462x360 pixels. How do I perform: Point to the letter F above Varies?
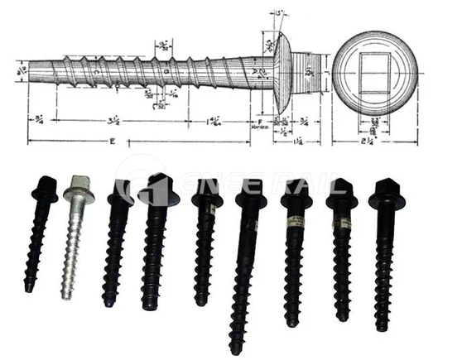[261, 120]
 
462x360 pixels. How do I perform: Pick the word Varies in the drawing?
[259, 129]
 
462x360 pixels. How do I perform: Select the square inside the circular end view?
[374, 73]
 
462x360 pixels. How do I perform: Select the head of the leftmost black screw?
[45, 189]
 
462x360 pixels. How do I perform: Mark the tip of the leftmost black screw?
[28, 288]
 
